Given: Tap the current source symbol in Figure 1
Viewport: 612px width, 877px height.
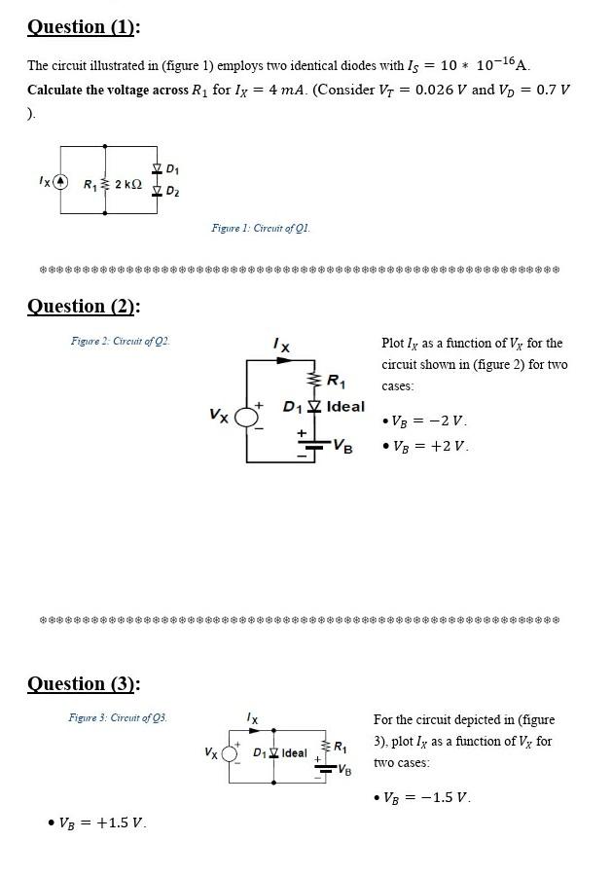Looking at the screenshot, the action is click(60, 182).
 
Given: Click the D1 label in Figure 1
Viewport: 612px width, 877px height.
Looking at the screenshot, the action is click(172, 170).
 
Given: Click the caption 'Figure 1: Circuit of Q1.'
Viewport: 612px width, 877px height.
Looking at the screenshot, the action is click(261, 228).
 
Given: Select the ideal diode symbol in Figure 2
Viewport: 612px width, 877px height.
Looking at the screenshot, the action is click(312, 406).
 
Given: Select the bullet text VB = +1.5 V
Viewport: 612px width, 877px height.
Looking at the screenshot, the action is click(103, 822).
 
